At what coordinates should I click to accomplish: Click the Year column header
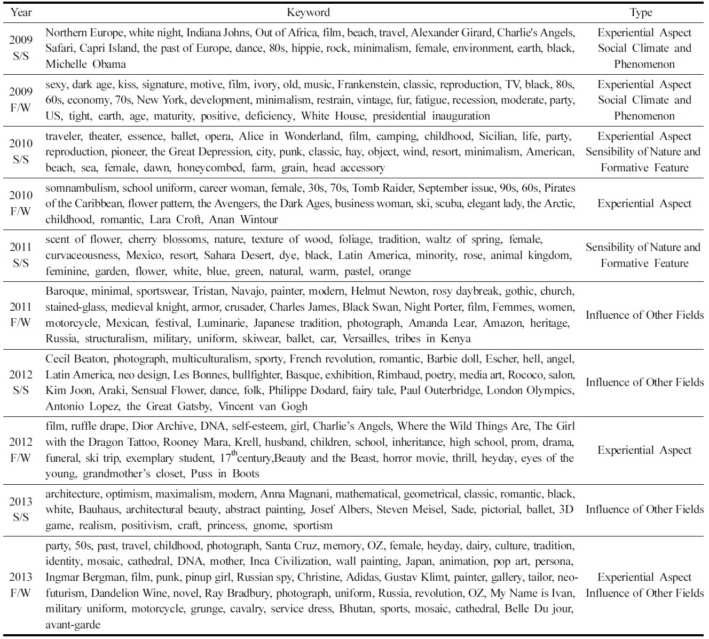tap(21, 12)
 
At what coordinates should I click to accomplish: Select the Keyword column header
tap(308, 12)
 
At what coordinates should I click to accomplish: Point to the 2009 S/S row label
tap(21, 48)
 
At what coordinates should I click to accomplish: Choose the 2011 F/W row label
tap(21, 314)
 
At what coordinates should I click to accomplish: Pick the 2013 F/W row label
tap(21, 585)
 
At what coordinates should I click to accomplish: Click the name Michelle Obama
tap(85, 64)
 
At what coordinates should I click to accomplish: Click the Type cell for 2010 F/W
tap(644, 203)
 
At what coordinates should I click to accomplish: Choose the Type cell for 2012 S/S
tap(644, 382)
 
